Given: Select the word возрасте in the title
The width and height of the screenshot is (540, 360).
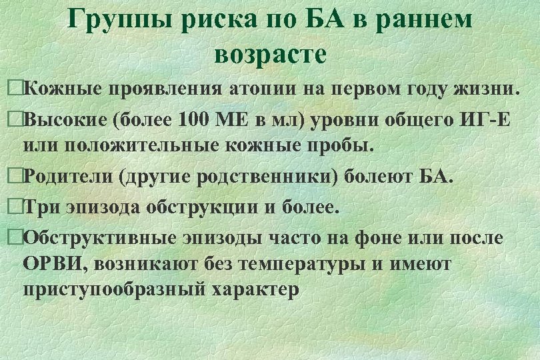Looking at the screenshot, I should [271, 53].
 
